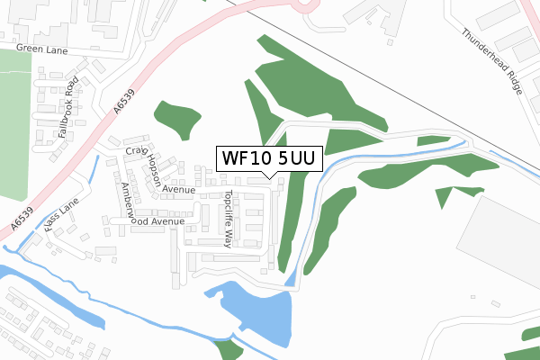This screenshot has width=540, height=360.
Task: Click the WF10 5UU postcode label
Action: (268, 158)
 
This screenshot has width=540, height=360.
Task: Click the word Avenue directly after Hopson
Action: (179, 190)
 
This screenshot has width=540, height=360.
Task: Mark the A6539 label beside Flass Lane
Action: (22, 217)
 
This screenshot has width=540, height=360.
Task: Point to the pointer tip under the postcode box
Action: (268, 176)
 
